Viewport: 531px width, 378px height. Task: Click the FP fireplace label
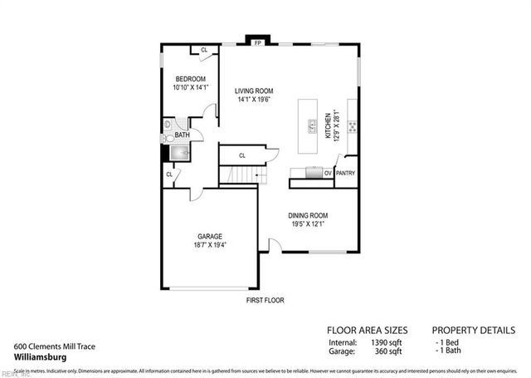(258, 42)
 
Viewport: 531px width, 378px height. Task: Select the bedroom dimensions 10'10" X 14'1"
(190, 87)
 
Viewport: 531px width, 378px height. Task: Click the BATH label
(182, 135)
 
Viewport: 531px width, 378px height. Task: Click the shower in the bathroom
(180, 152)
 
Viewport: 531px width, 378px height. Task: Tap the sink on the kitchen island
(313, 126)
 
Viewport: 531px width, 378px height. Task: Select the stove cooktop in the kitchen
(352, 127)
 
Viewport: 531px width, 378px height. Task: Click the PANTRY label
(345, 174)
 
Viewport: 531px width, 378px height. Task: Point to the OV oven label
(328, 174)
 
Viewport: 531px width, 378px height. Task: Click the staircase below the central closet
(241, 176)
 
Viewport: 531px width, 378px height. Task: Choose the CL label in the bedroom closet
(204, 51)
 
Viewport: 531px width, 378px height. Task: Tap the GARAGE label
(210, 236)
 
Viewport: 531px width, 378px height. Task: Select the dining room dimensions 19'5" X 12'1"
(308, 223)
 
